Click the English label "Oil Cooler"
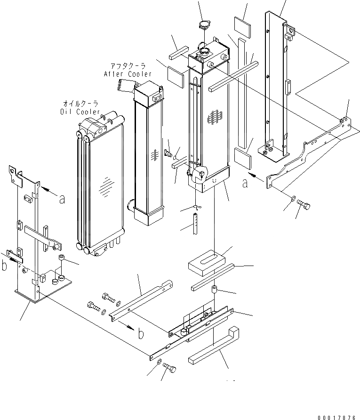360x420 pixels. click(x=80, y=112)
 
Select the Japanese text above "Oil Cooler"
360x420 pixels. click(x=81, y=104)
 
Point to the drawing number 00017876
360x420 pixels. click(x=336, y=412)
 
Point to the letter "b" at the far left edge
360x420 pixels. click(x=4, y=266)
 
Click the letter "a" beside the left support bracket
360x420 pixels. click(x=62, y=199)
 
